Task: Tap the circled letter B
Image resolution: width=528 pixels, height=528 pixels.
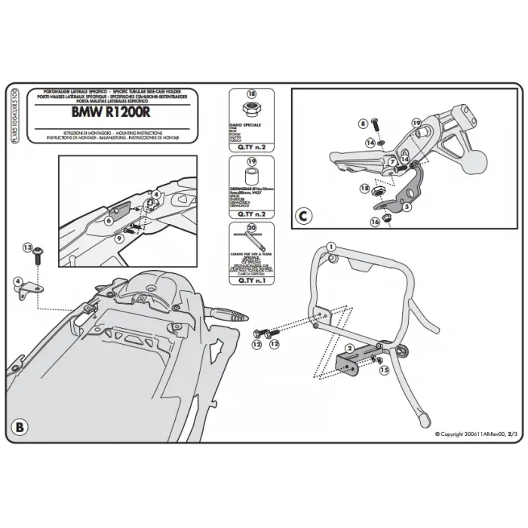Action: (x=20, y=427)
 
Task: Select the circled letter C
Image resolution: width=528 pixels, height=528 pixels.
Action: (x=302, y=216)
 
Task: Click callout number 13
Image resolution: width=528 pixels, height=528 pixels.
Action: (x=28, y=247)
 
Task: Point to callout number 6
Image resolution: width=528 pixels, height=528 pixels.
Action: (x=109, y=220)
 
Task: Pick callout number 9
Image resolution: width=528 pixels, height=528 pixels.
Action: (x=119, y=238)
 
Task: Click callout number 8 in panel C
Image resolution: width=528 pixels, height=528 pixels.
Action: (x=362, y=122)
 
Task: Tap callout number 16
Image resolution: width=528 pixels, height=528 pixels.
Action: (x=375, y=222)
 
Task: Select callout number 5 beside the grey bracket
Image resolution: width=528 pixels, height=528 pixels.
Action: (x=407, y=206)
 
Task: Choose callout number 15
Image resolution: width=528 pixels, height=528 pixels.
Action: (x=382, y=370)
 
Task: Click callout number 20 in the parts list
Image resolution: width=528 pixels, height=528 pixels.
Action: (x=252, y=229)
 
